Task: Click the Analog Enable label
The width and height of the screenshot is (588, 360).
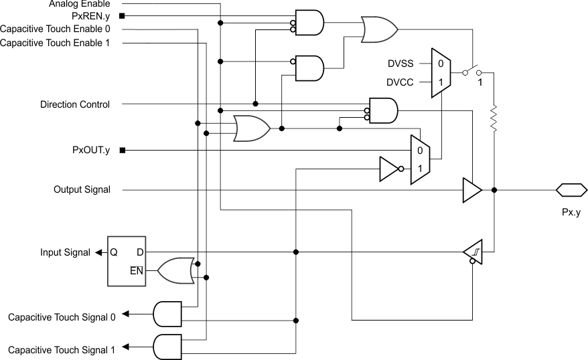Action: coord(79,4)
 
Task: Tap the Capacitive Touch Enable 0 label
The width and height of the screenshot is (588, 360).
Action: coord(56,29)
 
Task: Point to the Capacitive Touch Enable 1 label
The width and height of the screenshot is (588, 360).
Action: coord(56,43)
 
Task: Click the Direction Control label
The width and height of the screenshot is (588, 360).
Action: coord(75,104)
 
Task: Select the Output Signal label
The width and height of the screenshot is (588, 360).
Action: coord(82,190)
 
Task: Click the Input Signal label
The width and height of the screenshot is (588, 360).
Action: coord(65,252)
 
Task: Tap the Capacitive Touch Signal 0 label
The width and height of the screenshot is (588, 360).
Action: coord(62,317)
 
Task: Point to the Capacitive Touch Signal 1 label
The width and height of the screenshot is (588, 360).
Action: coord(62,349)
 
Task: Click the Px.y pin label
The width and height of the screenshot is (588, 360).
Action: coord(571,212)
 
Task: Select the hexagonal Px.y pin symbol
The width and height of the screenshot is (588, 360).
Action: coord(571,190)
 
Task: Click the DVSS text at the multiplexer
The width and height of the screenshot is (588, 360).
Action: coord(400,64)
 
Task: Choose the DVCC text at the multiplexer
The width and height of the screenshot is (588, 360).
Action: coord(400,82)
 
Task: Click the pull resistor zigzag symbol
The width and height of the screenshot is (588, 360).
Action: coord(494,119)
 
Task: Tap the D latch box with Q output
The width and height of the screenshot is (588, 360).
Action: coord(127,261)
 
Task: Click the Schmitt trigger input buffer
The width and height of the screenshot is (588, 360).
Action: coord(473,252)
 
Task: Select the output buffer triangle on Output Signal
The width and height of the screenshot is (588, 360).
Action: coord(472,190)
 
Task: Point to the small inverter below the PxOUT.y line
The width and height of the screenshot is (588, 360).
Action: coord(389,169)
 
